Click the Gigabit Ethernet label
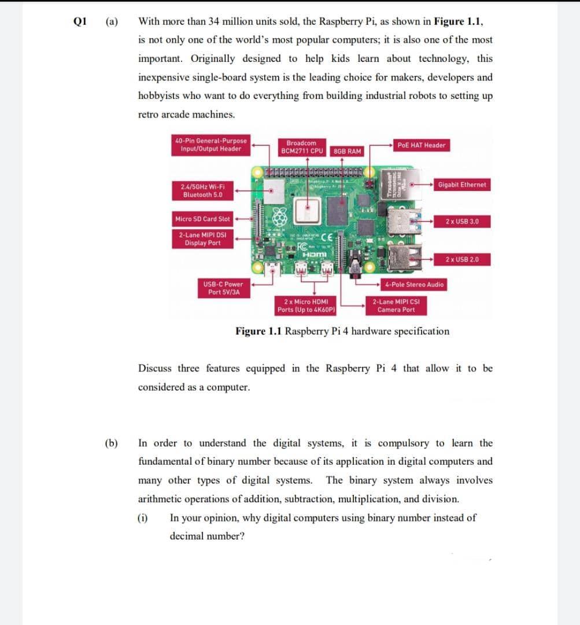462,185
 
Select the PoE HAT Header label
421,145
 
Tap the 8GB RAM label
348,151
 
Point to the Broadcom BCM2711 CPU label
301,147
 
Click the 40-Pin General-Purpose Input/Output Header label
210,145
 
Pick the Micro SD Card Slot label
202,219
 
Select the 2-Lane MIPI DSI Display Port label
202,239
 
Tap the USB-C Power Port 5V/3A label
223,288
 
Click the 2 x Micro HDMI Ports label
306,306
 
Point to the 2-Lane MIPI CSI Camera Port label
396,306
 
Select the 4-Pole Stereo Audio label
414,284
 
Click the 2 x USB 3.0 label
462,222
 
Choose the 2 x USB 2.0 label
462,259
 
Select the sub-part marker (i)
142,518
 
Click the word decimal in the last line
187,536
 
